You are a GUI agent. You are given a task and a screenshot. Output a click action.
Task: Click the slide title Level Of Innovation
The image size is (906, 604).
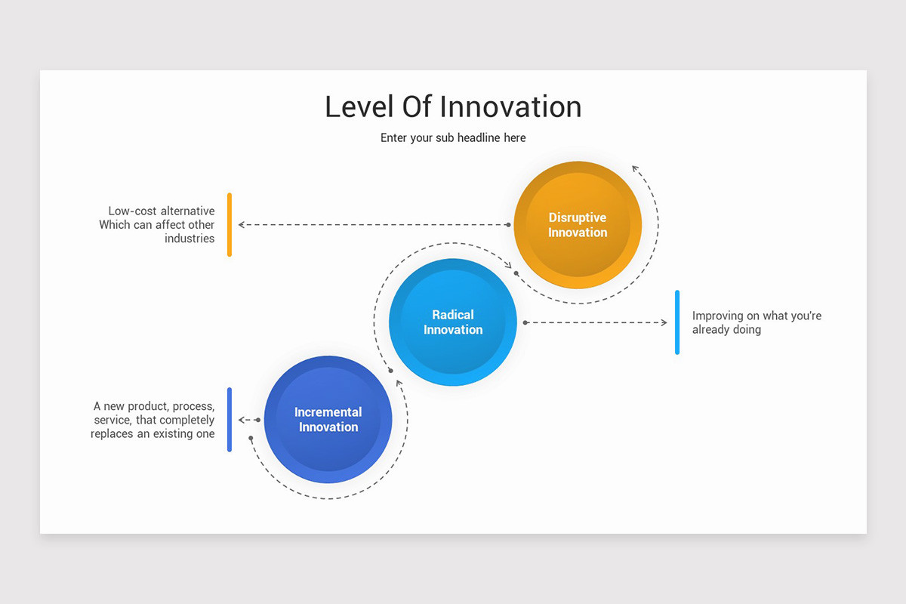pos(453,106)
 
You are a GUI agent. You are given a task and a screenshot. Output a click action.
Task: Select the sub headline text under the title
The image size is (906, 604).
pos(453,137)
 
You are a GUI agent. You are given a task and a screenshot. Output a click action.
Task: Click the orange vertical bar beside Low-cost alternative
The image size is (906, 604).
pos(230,224)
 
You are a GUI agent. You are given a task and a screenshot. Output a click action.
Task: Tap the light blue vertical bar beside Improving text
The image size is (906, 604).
pos(677,322)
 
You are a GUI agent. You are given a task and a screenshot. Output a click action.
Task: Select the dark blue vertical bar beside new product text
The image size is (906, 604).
pos(230,420)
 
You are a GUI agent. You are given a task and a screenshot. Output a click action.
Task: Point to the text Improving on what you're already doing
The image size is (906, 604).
pos(756,322)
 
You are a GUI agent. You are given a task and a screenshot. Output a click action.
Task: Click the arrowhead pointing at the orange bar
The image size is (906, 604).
pos(242,224)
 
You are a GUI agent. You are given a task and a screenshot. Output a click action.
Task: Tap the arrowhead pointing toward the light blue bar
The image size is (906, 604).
pos(664,322)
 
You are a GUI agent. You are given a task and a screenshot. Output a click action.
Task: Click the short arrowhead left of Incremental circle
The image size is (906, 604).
pos(242,420)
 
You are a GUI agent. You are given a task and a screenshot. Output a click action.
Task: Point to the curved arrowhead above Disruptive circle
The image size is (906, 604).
pos(636,168)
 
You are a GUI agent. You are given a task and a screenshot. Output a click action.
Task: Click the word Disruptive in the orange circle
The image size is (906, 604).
pos(578,217)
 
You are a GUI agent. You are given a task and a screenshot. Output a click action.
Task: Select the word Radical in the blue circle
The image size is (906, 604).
pos(453,315)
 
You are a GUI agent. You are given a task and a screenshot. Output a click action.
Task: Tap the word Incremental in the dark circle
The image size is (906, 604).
pos(328,412)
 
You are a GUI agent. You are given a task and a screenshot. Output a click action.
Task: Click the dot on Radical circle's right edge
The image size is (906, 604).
pos(525,322)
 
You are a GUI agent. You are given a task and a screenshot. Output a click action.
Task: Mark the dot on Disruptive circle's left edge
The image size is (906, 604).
pos(508,224)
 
